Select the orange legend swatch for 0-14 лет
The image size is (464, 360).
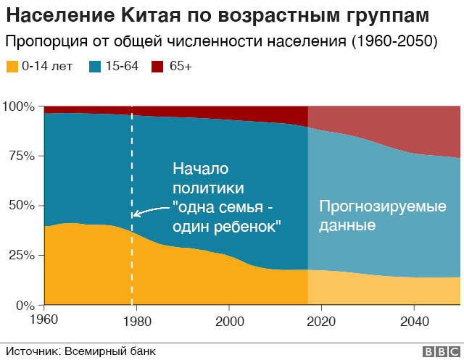tap(13, 67)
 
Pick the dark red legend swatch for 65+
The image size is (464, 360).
tap(157, 67)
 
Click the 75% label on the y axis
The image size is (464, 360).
tap(21, 156)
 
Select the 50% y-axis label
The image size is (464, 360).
tap(21, 206)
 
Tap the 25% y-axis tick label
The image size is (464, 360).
tap(21, 256)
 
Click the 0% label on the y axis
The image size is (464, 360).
tap(24, 305)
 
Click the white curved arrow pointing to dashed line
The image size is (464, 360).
tap(149, 211)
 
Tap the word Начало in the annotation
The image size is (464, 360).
tap(200, 169)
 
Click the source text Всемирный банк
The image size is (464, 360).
tap(110, 351)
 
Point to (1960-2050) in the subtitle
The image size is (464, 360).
tap(394, 41)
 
